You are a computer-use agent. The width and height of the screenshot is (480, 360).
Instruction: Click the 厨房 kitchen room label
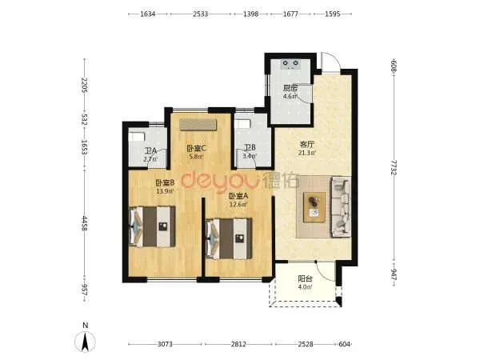click(290, 89)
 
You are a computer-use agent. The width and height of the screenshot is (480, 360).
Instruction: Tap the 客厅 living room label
click(306, 144)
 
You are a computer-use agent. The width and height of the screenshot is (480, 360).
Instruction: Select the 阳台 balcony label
click(306, 279)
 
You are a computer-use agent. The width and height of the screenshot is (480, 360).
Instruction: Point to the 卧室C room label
click(196, 149)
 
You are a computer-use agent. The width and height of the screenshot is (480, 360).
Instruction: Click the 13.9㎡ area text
click(165, 191)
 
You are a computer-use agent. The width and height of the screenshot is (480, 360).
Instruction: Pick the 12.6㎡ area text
click(238, 204)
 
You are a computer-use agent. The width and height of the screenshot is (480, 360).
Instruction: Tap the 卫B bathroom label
click(250, 148)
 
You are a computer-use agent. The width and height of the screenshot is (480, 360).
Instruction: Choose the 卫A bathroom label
click(151, 151)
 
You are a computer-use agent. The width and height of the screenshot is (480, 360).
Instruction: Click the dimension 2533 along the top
click(201, 14)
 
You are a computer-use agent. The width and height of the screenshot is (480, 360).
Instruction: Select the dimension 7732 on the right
click(394, 167)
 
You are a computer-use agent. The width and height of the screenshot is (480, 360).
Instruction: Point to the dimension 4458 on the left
click(85, 223)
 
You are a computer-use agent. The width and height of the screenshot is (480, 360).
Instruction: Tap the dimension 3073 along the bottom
click(165, 344)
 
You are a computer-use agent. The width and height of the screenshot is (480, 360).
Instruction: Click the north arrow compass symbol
click(85, 342)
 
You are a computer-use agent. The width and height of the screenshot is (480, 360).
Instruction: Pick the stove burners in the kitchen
click(290, 63)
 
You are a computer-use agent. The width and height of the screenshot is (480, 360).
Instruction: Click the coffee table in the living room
click(314, 207)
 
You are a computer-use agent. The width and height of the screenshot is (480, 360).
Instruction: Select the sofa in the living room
click(341, 206)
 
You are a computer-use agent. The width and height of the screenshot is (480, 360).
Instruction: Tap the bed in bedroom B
click(152, 226)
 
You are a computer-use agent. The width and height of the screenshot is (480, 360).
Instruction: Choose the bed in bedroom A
click(229, 238)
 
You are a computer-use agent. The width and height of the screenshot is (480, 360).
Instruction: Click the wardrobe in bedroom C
click(198, 125)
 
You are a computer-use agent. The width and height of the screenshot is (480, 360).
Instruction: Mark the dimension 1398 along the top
click(250, 14)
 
